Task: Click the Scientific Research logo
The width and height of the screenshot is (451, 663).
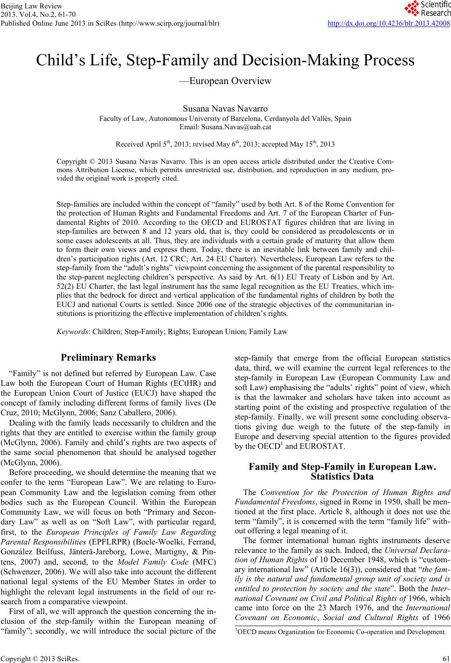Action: point(426,8)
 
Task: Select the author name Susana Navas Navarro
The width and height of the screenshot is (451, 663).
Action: point(225,109)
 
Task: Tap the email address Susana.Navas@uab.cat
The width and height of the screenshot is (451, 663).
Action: point(225,126)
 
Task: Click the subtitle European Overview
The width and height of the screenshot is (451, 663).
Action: point(225,81)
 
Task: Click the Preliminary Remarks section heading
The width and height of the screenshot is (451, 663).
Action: point(108,358)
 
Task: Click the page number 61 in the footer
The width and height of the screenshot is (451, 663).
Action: point(446,659)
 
